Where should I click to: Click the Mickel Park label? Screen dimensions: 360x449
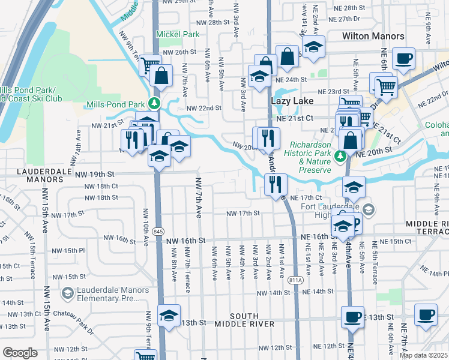[178, 34]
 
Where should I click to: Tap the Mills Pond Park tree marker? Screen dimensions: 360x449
[155, 103]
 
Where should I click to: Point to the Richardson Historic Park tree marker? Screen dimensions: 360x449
[340, 156]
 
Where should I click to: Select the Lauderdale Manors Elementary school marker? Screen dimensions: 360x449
[68, 293]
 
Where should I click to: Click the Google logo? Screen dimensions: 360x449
[20, 352]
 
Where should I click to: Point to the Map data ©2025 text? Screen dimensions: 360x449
[423, 355]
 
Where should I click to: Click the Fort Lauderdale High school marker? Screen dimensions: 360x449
[369, 210]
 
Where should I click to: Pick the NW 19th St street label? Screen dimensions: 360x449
[95, 174]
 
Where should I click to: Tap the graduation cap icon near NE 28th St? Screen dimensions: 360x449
[312, 47]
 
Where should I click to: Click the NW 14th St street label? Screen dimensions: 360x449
[274, 292]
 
